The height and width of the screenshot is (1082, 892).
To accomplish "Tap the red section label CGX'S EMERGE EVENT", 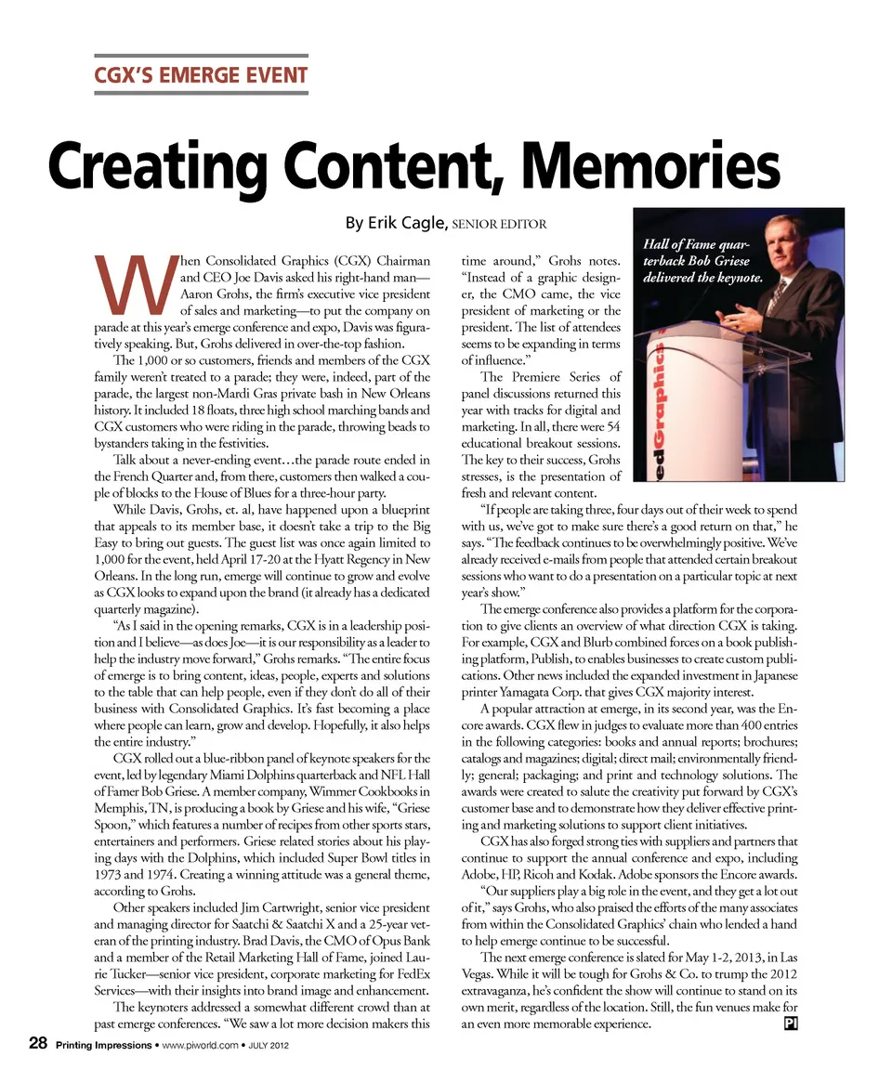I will point(202,74).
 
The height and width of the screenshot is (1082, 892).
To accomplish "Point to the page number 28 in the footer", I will point(38,1044).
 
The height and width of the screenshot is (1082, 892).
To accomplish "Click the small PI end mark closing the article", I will point(791,1023).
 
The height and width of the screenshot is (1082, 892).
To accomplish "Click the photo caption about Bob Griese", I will point(702,260).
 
